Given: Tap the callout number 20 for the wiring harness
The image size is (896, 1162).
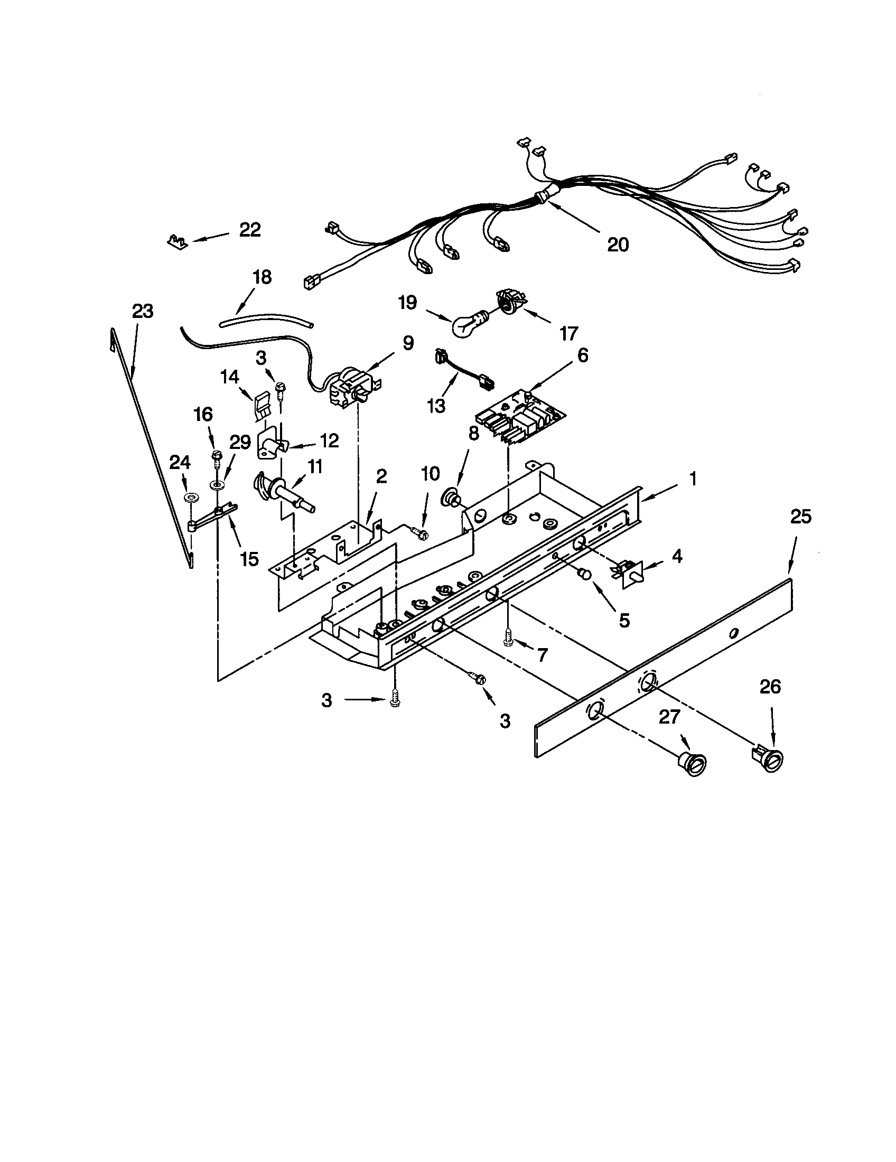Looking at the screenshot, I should (x=618, y=245).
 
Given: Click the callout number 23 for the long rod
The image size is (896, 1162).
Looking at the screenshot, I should (x=143, y=311).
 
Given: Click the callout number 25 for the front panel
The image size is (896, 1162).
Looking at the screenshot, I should (x=801, y=517).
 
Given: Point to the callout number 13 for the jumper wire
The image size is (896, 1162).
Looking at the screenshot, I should (x=436, y=406).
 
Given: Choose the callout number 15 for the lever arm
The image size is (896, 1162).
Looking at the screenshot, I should (x=249, y=559).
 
